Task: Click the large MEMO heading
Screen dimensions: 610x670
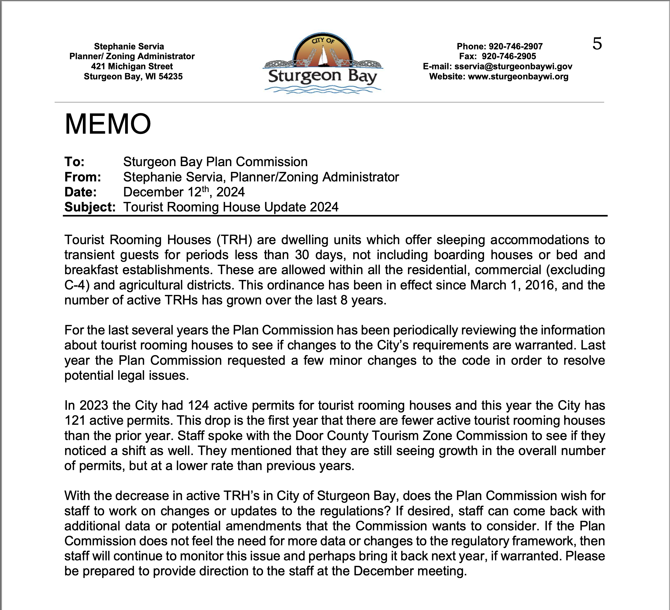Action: pyautogui.click(x=108, y=124)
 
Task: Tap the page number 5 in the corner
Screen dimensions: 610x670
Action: pyautogui.click(x=597, y=44)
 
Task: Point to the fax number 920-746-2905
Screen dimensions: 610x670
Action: pyautogui.click(x=509, y=56)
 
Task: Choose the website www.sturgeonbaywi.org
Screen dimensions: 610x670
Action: pyautogui.click(x=518, y=76)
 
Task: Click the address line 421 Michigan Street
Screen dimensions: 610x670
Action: pyautogui.click(x=132, y=66)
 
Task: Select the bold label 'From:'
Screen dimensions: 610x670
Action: pyautogui.click(x=82, y=177)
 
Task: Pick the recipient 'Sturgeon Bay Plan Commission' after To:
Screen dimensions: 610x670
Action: pyautogui.click(x=215, y=162)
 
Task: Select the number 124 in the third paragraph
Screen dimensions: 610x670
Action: pyautogui.click(x=198, y=405)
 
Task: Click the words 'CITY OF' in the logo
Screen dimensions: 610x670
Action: pyautogui.click(x=323, y=41)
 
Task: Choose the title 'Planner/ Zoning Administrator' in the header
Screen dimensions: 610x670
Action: pyautogui.click(x=132, y=56)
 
